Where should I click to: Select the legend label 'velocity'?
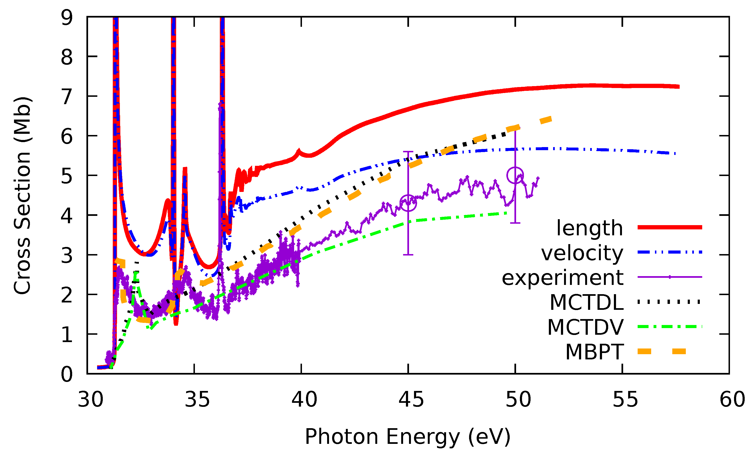point(582,253)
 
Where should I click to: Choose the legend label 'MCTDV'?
point(585,327)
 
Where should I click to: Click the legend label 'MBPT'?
point(594,352)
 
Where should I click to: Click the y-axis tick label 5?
point(67,176)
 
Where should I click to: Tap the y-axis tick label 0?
point(67,374)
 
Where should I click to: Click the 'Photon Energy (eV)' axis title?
point(408,437)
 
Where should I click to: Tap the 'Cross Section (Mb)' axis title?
point(22,195)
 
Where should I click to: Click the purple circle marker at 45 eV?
point(408,203)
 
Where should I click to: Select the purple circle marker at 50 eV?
point(515,175)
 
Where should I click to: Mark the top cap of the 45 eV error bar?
point(408,151)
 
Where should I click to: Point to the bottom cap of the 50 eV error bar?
point(515,223)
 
